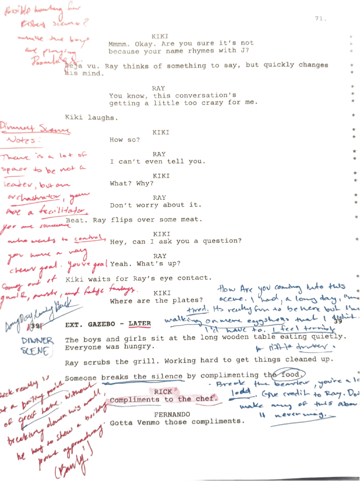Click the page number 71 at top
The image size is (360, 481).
point(321,19)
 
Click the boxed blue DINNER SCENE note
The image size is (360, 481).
point(37,346)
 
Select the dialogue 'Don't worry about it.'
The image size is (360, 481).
point(155,205)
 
